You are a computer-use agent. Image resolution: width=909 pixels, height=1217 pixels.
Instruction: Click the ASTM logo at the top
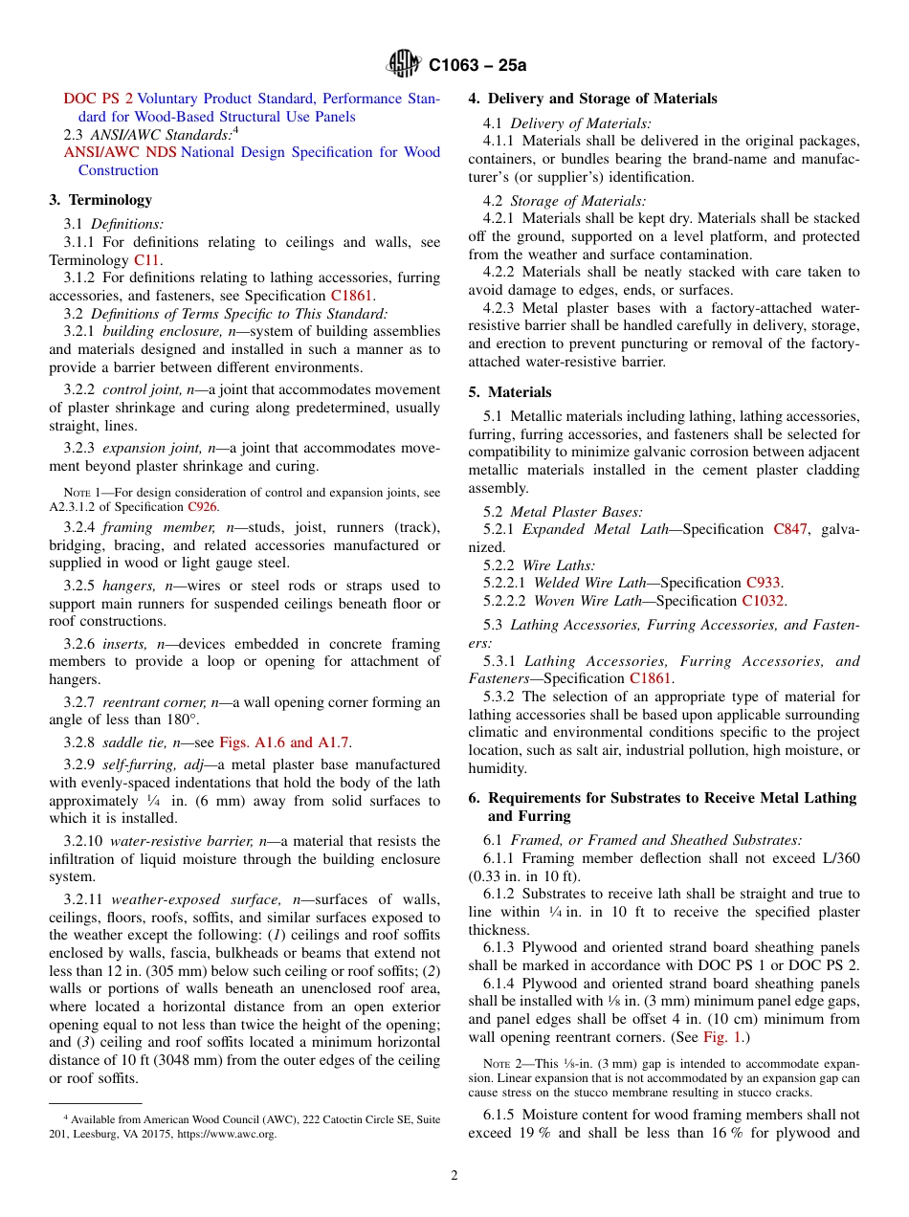[403, 65]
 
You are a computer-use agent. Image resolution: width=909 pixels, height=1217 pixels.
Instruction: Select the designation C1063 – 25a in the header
[477, 66]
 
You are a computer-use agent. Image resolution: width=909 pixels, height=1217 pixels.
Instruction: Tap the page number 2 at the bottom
[454, 1176]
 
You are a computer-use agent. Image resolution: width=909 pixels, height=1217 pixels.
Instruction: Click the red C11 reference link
[146, 260]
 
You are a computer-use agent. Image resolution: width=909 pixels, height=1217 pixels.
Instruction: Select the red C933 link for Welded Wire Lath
[763, 583]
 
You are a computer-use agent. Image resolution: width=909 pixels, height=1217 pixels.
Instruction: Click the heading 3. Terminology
[100, 200]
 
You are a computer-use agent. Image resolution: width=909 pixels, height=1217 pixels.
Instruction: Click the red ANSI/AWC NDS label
[121, 152]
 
